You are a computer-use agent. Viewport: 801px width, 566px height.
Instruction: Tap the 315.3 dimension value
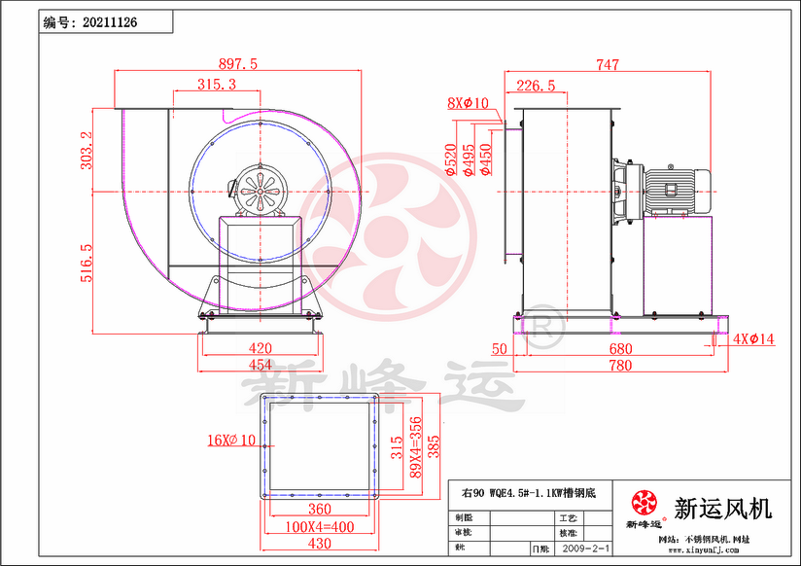pos(216,86)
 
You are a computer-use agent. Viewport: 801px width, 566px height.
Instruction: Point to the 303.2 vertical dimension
pos(87,152)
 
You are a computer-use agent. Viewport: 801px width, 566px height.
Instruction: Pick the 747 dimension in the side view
pos(607,65)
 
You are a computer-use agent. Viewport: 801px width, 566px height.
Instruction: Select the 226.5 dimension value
pos(536,86)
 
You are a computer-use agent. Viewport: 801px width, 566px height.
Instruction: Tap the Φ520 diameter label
pos(451,159)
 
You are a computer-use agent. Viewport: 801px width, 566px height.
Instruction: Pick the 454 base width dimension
pos(260,365)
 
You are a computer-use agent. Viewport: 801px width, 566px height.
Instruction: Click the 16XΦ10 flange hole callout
pos(231,440)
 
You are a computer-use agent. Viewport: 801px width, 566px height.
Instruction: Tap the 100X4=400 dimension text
pos(318,526)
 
